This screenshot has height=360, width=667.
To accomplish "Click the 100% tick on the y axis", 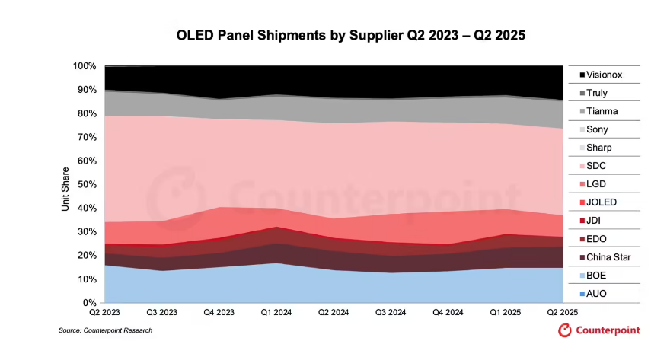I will (85, 66).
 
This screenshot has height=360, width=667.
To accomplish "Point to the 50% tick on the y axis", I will (87, 184).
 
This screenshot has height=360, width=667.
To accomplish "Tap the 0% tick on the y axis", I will (89, 303).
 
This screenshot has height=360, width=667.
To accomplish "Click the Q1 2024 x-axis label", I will (276, 313).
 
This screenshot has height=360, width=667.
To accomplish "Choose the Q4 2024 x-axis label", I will (448, 313).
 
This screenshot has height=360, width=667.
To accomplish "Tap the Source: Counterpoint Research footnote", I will (106, 330).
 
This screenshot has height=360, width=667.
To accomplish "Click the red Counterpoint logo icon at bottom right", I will (565, 330).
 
